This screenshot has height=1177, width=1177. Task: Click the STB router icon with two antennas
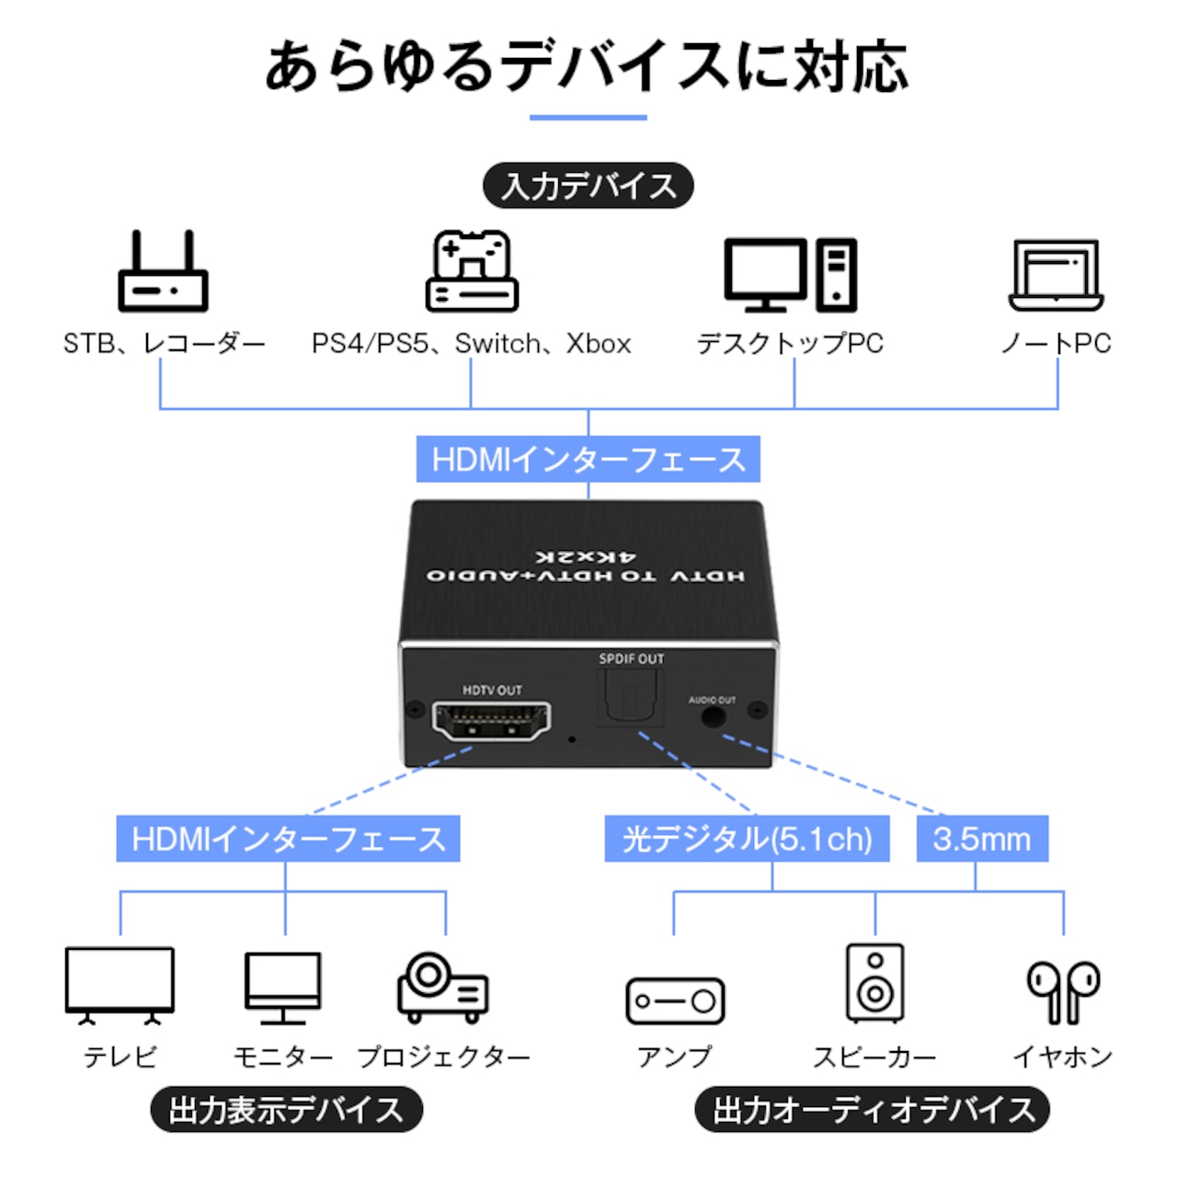tap(163, 270)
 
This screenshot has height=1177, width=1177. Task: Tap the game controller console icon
tap(472, 270)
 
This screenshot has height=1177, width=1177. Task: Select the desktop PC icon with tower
tap(791, 275)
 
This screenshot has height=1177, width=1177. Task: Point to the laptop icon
tap(1056, 275)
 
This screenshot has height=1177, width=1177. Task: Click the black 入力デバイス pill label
tap(588, 185)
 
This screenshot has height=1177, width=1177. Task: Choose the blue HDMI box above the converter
tap(588, 459)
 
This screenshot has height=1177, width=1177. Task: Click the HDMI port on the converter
tap(492, 721)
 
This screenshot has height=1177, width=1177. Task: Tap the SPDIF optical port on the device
tap(631, 697)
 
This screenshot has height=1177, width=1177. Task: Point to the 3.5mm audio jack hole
tap(713, 716)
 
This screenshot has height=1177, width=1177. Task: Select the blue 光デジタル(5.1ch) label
tap(747, 839)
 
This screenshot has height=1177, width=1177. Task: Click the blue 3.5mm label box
tap(982, 839)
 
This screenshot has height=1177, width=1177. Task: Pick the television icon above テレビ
tap(120, 985)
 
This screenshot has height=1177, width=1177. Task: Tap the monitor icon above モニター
tap(283, 988)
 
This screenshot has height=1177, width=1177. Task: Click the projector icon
tap(443, 988)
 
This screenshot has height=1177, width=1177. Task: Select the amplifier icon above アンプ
tap(675, 1000)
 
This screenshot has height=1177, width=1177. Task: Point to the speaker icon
tap(874, 983)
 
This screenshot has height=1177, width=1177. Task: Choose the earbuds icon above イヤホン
tap(1063, 992)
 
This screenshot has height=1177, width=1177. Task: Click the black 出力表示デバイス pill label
tap(287, 1110)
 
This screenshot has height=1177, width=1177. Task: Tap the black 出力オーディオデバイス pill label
tap(873, 1110)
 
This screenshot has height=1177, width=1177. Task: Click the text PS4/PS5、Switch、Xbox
tap(471, 343)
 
